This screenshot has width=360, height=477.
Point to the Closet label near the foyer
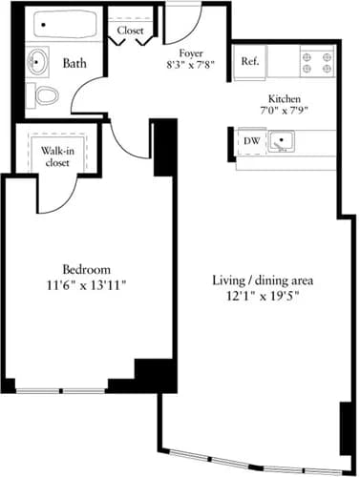click(x=130, y=31)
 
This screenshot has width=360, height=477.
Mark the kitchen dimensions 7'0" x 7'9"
click(x=285, y=111)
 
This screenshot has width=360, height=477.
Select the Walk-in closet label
click(x=57, y=156)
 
